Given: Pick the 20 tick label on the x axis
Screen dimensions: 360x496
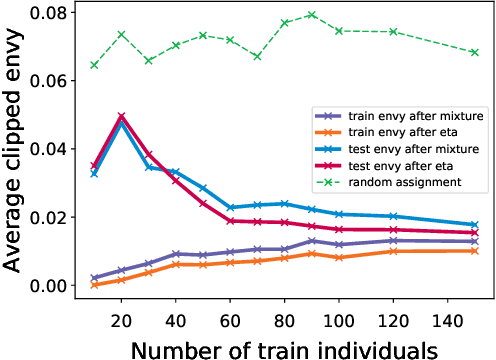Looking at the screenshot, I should point(121,311).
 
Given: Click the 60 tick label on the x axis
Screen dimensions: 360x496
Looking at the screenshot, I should point(230,311).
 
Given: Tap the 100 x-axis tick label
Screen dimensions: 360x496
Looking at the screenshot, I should point(338,311).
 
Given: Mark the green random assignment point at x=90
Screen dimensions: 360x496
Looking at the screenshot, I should point(311,15).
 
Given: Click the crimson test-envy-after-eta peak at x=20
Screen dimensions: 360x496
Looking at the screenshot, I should point(121,116).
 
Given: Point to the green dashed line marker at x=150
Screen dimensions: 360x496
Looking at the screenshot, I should point(474,52).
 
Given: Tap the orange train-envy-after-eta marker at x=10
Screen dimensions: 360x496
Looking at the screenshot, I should point(94,285).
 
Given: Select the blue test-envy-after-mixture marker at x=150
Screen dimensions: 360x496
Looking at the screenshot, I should point(474,225).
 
